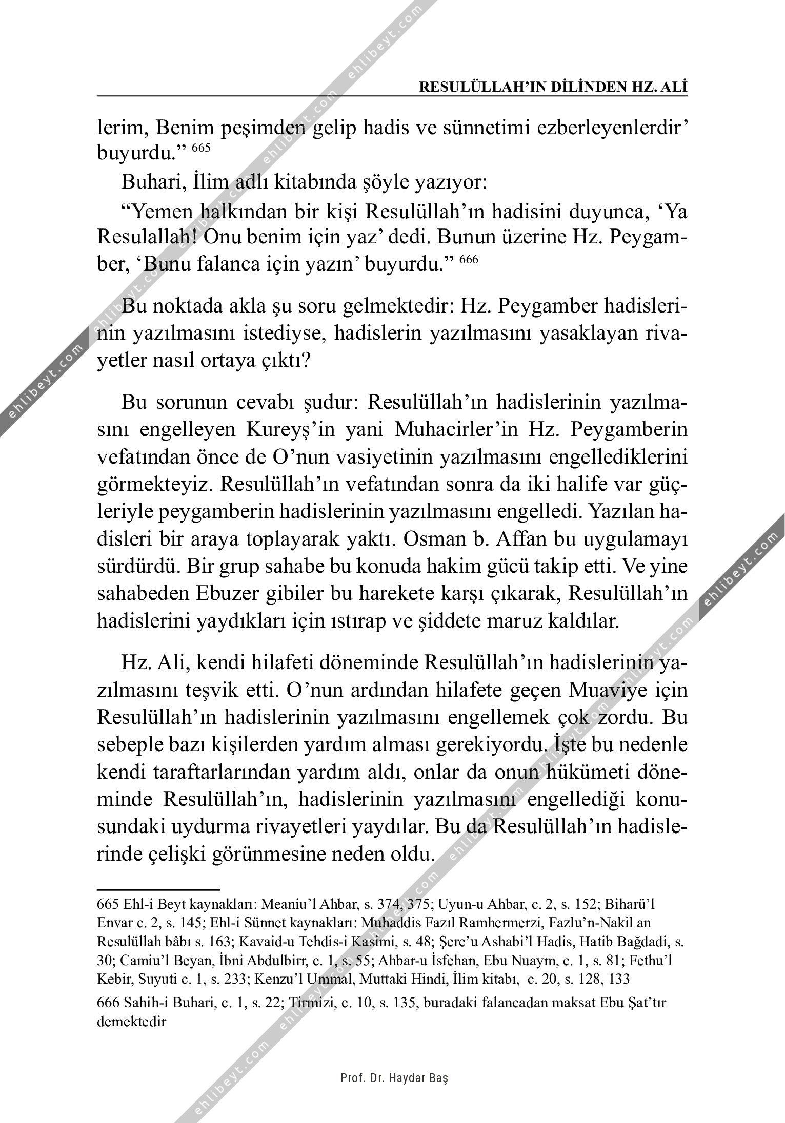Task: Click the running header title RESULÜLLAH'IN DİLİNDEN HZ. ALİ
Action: pos(553,87)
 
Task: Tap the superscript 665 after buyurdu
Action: pos(202,148)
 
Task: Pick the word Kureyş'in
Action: pos(289,429)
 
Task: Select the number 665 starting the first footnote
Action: pos(108,904)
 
